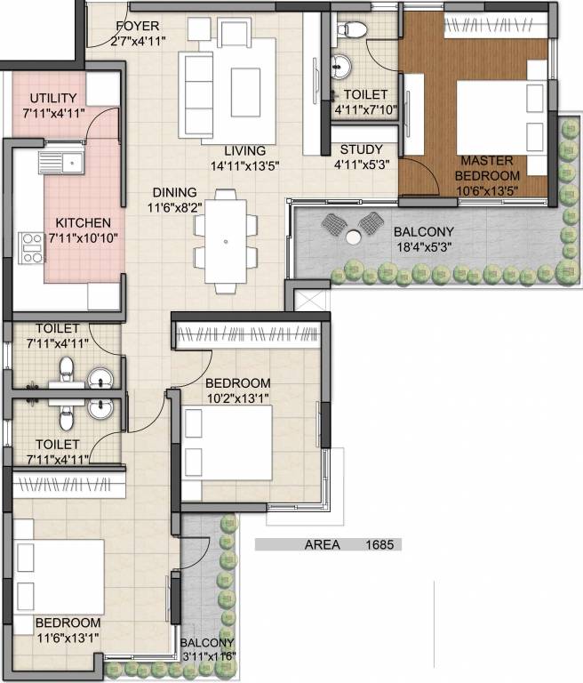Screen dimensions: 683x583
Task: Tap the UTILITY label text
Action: coord(53,98)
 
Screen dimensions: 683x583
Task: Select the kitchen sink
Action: coord(60,162)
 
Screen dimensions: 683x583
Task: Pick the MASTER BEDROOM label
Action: coord(486,168)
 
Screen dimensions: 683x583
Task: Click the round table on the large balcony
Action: coord(353,237)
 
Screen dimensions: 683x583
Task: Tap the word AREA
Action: coord(323,544)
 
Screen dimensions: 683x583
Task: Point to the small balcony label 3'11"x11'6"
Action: coord(208,655)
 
